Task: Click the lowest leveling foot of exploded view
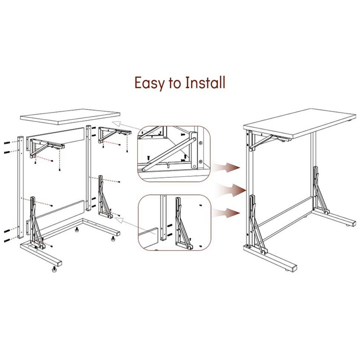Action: click(53, 270)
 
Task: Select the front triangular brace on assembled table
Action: click(256, 224)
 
